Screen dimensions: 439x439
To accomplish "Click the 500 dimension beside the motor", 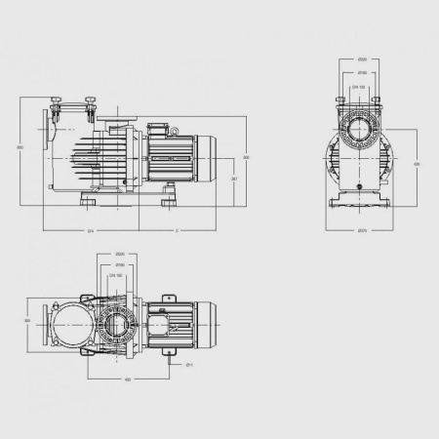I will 247,157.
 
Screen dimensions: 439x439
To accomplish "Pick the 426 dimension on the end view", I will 418,165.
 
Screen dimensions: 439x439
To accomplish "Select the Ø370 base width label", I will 362,231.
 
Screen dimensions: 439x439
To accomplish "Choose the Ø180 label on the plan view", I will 118,264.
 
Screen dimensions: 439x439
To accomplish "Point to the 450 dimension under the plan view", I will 128,379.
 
